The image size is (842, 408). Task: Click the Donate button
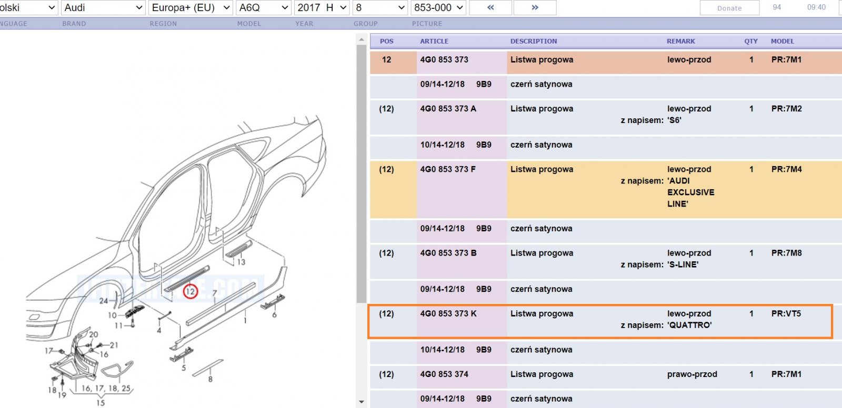(729, 8)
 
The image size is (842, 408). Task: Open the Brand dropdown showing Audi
(103, 7)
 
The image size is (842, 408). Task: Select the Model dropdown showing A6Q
(264, 7)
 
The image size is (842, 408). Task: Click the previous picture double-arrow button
(490, 7)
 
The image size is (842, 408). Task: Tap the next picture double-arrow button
(535, 7)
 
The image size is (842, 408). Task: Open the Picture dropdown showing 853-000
(438, 7)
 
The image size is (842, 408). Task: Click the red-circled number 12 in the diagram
(190, 291)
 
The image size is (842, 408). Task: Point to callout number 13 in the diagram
(241, 262)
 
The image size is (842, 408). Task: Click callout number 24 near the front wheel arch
(103, 301)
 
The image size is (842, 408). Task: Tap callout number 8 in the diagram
(210, 380)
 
